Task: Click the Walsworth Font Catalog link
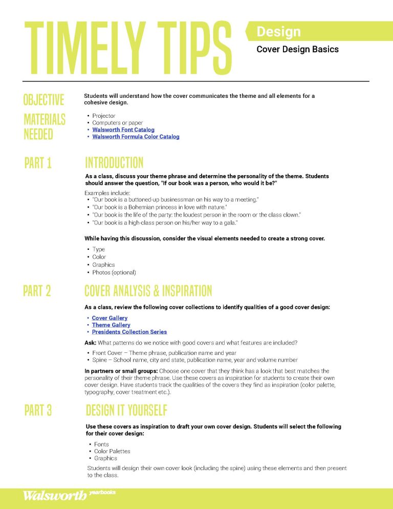coord(123,130)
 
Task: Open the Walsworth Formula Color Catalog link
coord(136,137)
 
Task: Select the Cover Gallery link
coord(110,318)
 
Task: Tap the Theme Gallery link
coord(111,325)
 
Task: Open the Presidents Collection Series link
coord(129,332)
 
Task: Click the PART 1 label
coord(38,163)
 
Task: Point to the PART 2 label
coord(37,291)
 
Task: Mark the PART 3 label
coord(38,410)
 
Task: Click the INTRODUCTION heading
coord(114,163)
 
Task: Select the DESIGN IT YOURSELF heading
coord(126,410)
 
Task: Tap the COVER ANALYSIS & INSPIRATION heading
coord(148,291)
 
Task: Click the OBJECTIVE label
coord(44,99)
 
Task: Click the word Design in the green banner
coord(278,32)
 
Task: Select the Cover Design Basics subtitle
coord(297,50)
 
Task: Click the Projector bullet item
coord(104,116)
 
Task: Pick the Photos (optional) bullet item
coord(114,272)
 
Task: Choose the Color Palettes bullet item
coord(112,451)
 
